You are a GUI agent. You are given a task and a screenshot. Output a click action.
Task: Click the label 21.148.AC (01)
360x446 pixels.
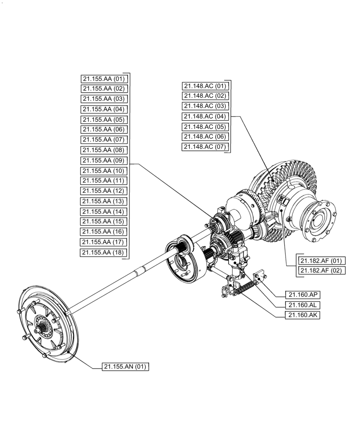pyautogui.click(x=205, y=86)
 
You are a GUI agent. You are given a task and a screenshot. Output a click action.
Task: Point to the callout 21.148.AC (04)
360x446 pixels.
pyautogui.click(x=205, y=116)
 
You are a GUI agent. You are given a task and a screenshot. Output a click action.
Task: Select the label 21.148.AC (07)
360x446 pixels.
pyautogui.click(x=205, y=147)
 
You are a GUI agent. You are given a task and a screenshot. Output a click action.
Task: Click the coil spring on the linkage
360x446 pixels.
pyautogui.click(x=243, y=289)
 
